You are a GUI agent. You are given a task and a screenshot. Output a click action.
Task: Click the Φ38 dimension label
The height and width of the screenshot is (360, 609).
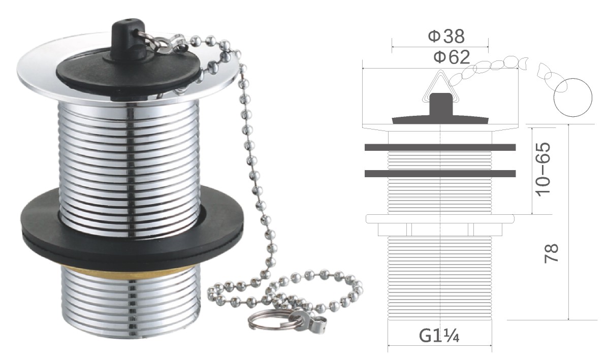tap(446, 37)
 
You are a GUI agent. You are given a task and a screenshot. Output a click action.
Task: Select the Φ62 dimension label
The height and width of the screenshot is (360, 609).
tap(452, 57)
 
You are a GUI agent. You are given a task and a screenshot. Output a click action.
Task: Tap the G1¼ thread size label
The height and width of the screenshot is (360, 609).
tap(439, 335)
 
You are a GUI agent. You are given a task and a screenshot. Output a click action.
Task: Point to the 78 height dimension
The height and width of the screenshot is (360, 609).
tap(551, 253)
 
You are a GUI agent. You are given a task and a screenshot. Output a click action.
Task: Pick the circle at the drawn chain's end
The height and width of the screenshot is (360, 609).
tap(573, 96)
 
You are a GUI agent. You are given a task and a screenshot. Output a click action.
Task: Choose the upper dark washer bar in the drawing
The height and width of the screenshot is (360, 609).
tap(440, 147)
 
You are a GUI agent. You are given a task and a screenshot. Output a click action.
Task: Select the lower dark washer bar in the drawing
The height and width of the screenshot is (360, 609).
tap(440, 173)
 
